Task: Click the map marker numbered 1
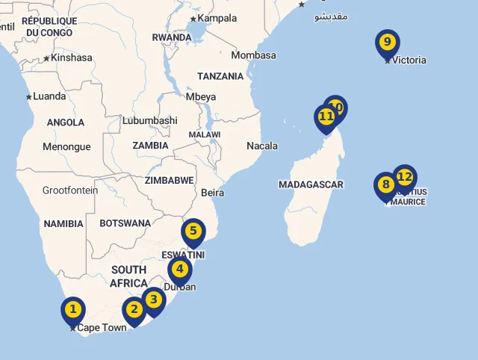click(x=72, y=308)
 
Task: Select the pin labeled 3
click(x=153, y=300)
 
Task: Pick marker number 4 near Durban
click(x=179, y=270)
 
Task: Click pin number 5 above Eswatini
click(x=193, y=231)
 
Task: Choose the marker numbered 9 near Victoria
click(x=387, y=43)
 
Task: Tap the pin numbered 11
click(x=326, y=117)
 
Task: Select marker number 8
click(x=385, y=185)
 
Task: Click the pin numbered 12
click(x=405, y=177)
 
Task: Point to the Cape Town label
click(x=102, y=328)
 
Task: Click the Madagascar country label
click(x=311, y=184)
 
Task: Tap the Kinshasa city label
click(x=72, y=58)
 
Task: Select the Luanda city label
click(x=49, y=96)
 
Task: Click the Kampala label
click(x=217, y=18)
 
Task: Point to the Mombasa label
click(x=253, y=55)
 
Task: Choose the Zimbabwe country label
click(x=170, y=180)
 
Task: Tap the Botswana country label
click(x=125, y=223)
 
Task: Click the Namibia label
click(x=63, y=223)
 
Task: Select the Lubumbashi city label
click(x=150, y=120)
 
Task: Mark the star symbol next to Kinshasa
click(x=46, y=58)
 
